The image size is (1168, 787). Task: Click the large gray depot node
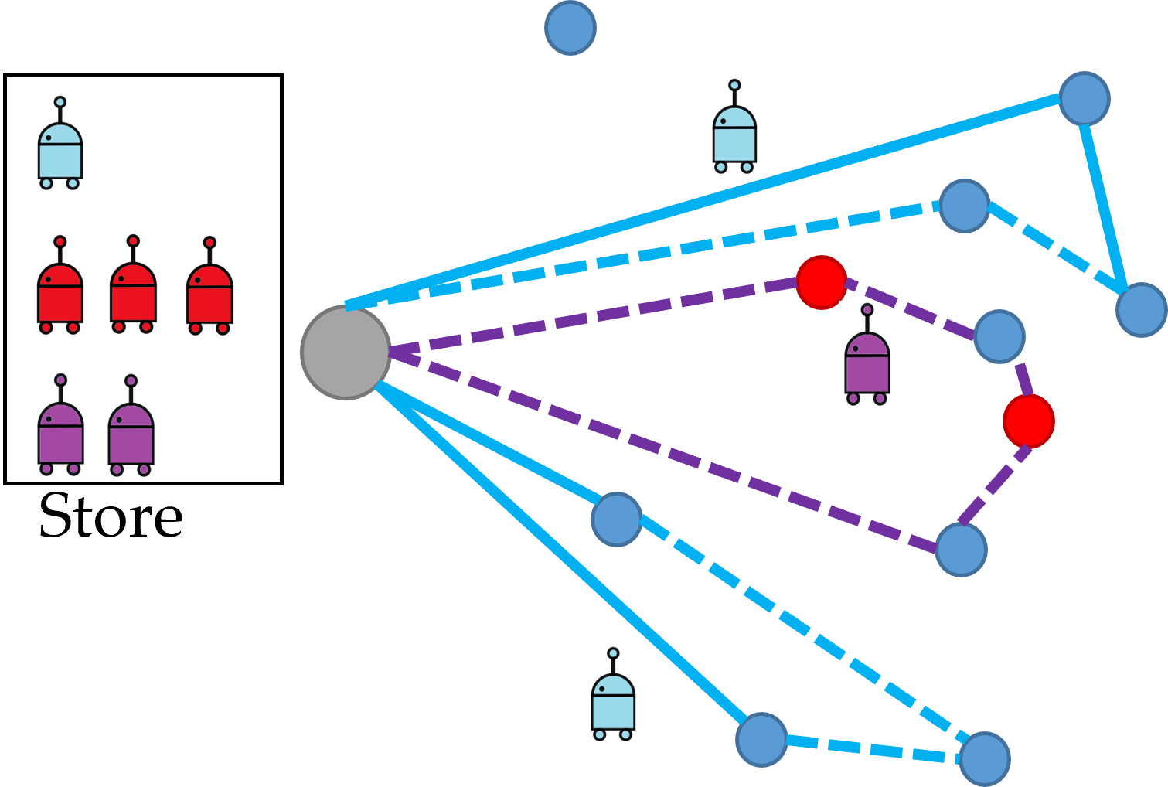[x=346, y=353]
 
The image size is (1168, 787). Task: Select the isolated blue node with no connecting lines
[x=570, y=28]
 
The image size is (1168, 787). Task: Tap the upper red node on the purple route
[x=821, y=282]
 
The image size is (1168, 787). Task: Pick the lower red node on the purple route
[x=1028, y=421]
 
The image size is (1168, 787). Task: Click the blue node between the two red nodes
[x=999, y=336]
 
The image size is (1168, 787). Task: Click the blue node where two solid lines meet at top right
[x=1084, y=98]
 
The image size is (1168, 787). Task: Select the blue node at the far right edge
[x=1141, y=309]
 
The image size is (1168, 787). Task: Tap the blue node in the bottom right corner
[x=984, y=759]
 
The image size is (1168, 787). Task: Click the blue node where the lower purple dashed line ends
[x=961, y=550]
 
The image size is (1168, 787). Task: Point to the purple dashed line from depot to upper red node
[x=595, y=317]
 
